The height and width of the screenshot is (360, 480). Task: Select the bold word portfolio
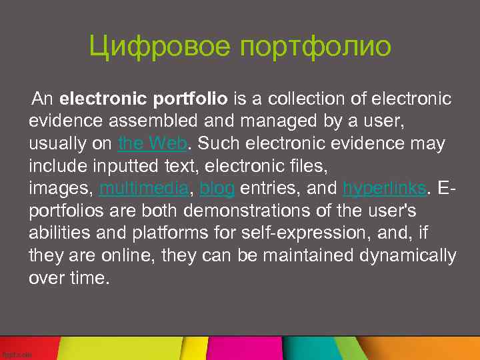[x=190, y=99]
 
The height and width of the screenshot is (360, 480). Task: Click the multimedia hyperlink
[x=143, y=189]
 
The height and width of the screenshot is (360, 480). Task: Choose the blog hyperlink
[x=217, y=189]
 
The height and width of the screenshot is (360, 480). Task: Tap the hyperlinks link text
[x=384, y=189]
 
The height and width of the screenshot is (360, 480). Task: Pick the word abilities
[x=53, y=233]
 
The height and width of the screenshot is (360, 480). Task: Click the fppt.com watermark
[x=16, y=355]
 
